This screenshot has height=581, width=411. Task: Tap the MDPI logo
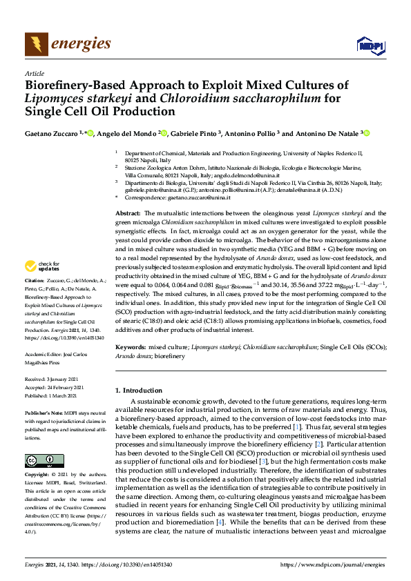370,46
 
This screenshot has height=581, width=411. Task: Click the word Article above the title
34,72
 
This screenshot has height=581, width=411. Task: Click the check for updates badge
41,266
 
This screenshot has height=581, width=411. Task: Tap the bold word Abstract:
128,215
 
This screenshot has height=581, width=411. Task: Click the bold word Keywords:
131,347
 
